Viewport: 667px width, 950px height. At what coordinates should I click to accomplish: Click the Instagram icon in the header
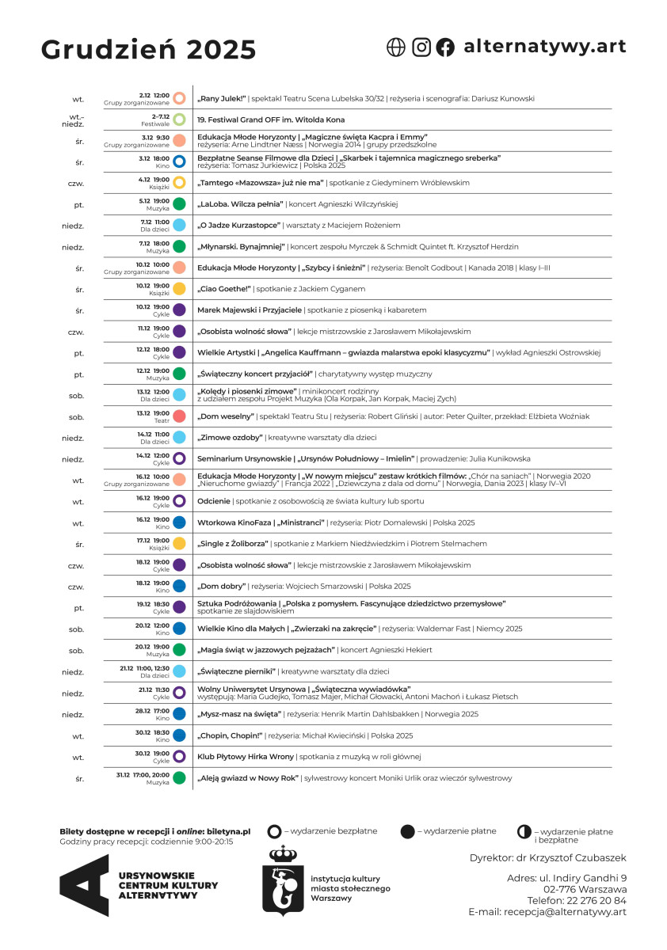pos(421,47)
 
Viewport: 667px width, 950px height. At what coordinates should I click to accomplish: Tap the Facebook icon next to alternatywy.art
pos(446,47)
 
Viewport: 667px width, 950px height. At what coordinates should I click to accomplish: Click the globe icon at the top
pos(395,47)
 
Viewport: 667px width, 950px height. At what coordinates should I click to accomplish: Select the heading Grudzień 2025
pos(149,49)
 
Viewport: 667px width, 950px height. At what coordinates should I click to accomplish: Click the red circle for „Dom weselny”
pos(180,416)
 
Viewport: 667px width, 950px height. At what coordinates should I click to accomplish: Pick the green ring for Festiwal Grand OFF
pos(180,120)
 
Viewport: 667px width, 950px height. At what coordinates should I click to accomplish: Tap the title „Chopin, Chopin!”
pos(230,735)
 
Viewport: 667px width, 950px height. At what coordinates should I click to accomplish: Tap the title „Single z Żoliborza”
pos(233,544)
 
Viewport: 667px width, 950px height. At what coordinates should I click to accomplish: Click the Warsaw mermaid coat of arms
pos(283,880)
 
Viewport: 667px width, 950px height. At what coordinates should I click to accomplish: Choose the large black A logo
pos(85,885)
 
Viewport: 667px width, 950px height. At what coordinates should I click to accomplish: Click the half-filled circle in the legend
pos(524,832)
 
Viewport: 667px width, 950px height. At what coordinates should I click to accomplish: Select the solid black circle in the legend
pos(408,831)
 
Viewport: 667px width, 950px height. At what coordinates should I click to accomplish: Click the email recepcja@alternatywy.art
pos(564,912)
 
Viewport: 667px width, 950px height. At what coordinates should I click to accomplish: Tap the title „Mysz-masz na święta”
pos(239,714)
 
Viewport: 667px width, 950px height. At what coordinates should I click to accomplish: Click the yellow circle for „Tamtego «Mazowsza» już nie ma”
pos(180,183)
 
